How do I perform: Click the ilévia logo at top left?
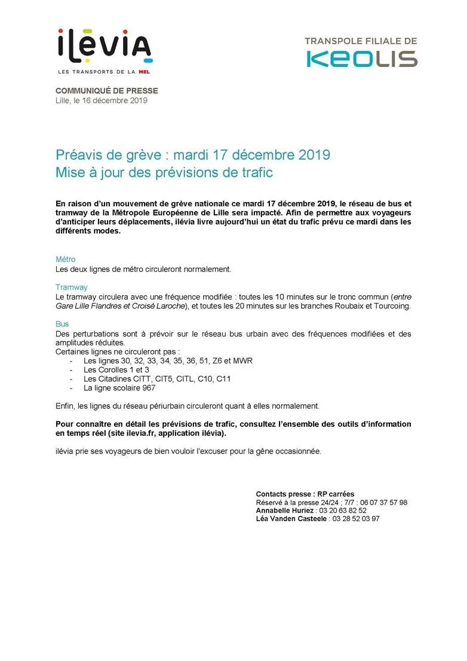tap(105, 47)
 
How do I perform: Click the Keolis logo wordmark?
tap(362, 59)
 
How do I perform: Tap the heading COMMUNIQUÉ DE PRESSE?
tap(107, 91)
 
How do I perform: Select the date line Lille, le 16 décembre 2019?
tap(102, 100)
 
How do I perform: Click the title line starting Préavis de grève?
tap(193, 155)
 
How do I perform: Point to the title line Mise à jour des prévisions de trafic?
tap(164, 173)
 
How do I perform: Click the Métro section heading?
tap(66, 260)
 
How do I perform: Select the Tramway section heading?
tap(72, 287)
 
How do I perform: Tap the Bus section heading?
tap(62, 325)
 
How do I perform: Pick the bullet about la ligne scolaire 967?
tap(119, 388)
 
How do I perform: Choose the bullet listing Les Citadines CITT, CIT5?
tap(157, 379)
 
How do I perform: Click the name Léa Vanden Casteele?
tap(291, 519)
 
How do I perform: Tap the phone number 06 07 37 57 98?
tap(383, 503)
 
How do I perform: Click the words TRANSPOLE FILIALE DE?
tap(361, 41)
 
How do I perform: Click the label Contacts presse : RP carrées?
tap(305, 494)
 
